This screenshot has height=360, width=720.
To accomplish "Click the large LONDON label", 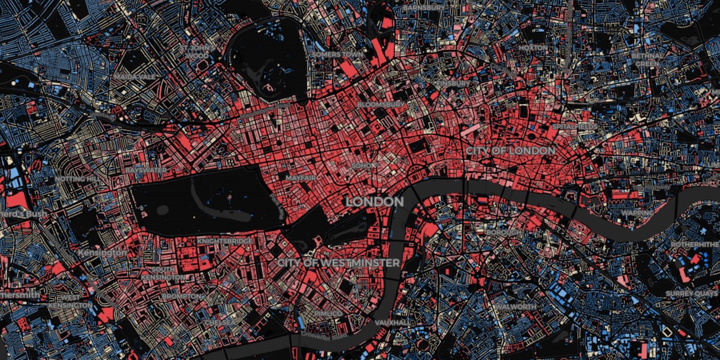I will tap(374, 202).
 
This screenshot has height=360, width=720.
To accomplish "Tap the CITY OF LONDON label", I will tap(511, 151).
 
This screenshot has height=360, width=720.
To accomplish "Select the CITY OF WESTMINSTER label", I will tap(338, 262).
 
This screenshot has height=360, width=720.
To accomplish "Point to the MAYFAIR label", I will tap(301, 177).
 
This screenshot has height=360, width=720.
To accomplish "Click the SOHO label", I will tap(364, 166).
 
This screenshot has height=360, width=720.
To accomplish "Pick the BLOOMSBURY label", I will tap(382, 105).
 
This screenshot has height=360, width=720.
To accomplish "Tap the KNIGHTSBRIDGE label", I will tap(225, 241).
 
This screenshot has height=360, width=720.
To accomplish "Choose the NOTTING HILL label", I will tap(77, 179).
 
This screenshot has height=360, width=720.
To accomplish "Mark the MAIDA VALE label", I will tap(135, 77).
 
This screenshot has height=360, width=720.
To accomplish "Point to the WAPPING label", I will tap(637, 213).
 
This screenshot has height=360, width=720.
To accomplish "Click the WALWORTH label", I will tap(515, 306).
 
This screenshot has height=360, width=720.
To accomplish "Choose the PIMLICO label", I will tap(328, 314).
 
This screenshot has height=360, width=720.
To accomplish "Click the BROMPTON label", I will tap(178, 297).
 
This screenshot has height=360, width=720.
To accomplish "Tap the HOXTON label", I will tap(531, 48).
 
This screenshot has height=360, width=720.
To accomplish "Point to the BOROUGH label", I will tap(504, 232).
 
